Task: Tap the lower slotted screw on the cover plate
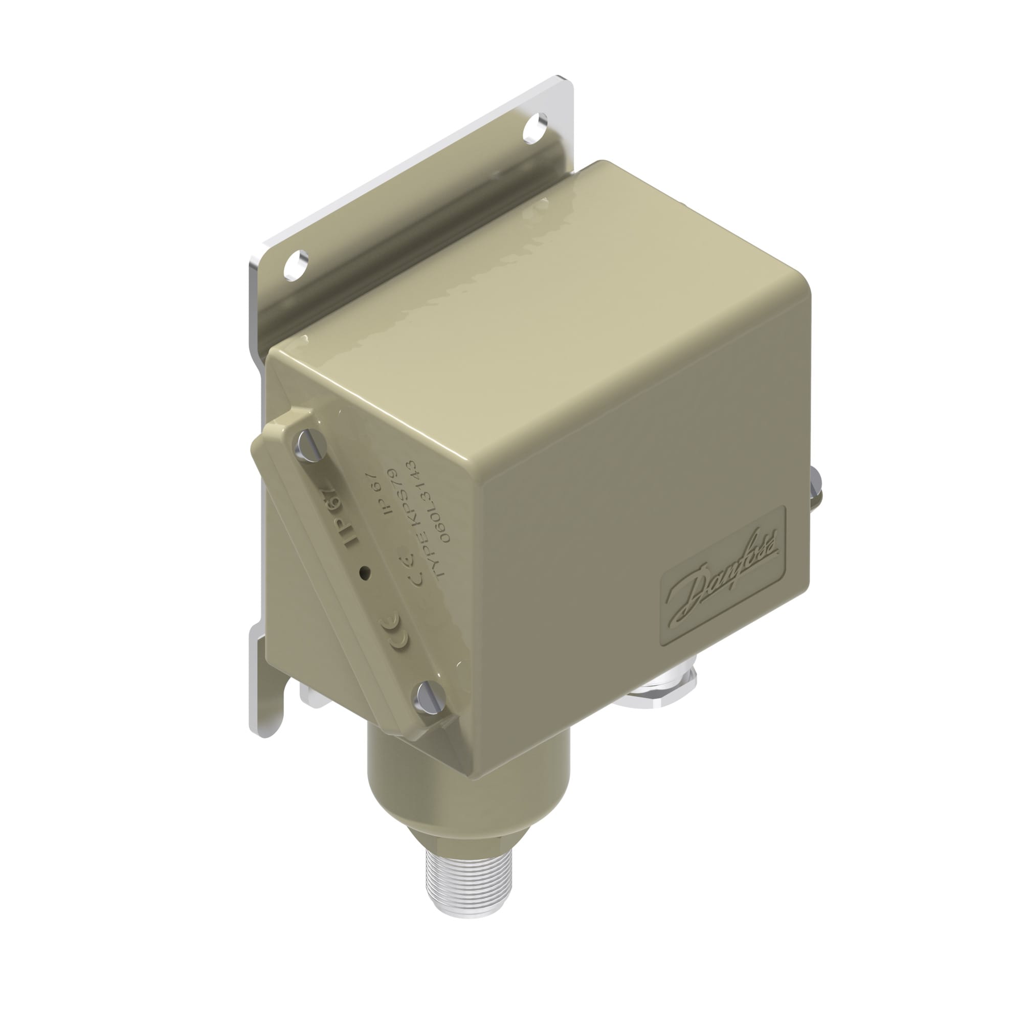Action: pyautogui.click(x=430, y=697)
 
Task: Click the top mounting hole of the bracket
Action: pyautogui.click(x=536, y=129)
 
